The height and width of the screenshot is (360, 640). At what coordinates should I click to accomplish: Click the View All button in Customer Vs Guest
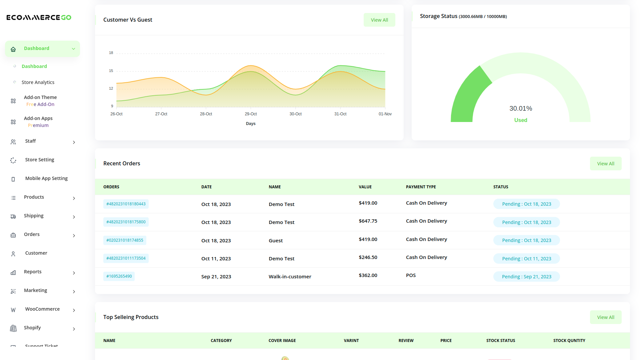[x=379, y=20]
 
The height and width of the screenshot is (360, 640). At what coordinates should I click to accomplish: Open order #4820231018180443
[x=126, y=204]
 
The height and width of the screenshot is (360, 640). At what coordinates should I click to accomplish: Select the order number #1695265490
[x=119, y=276]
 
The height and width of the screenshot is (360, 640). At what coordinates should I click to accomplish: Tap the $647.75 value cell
[x=368, y=221]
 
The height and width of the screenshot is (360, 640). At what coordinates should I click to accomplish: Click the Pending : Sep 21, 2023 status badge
[x=526, y=277]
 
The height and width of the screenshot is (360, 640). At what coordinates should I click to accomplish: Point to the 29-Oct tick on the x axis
[x=251, y=114]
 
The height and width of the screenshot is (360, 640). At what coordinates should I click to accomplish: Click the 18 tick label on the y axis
[x=111, y=53]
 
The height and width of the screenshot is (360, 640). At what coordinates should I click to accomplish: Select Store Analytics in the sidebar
[x=38, y=82]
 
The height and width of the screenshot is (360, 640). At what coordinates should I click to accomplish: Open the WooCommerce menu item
[x=42, y=309]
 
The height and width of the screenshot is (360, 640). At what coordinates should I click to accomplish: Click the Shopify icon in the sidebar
[x=13, y=328]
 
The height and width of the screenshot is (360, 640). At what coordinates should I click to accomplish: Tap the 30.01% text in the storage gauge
[x=521, y=108]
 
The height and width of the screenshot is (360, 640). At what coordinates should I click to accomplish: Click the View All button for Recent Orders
[x=606, y=164]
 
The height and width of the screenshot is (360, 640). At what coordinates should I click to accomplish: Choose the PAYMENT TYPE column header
[x=421, y=187]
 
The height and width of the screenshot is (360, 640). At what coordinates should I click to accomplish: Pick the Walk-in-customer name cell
[x=290, y=277]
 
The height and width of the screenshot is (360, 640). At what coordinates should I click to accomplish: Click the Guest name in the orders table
[x=276, y=241]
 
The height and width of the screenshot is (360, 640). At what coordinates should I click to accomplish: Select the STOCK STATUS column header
[x=501, y=341]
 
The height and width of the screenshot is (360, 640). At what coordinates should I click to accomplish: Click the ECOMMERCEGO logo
[x=39, y=17]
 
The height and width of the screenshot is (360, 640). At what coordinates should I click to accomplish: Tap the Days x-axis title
[x=251, y=124]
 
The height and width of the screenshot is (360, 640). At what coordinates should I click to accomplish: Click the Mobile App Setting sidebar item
[x=46, y=178]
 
